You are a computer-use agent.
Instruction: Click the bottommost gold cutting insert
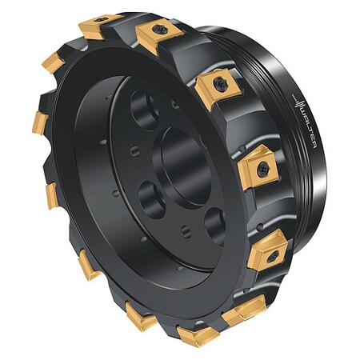click(x=196, y=336)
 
